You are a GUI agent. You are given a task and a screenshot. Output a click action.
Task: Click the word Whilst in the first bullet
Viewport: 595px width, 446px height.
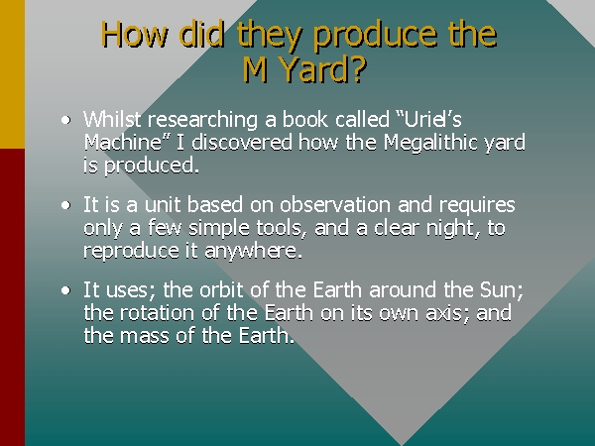click(112, 119)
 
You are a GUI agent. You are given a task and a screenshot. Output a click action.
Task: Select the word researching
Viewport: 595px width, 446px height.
click(203, 121)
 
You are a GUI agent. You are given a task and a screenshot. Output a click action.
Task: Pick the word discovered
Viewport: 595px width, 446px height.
click(242, 142)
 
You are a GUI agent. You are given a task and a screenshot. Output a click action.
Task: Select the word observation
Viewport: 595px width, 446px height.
click(335, 205)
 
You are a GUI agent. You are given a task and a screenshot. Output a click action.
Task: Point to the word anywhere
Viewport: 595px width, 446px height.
click(254, 252)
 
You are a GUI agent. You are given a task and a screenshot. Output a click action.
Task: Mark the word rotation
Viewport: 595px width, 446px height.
click(157, 313)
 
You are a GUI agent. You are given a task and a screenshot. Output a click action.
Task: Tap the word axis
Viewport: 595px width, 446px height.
click(448, 314)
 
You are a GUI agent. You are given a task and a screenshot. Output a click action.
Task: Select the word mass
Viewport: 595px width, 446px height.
click(144, 337)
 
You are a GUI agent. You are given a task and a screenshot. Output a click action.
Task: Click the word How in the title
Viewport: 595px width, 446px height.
click(134, 34)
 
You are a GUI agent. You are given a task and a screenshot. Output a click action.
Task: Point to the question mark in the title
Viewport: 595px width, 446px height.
click(358, 69)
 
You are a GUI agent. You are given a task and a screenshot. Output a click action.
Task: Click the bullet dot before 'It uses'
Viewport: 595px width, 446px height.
click(66, 290)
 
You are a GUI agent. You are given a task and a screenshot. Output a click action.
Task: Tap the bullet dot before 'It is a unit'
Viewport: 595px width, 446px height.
click(66, 205)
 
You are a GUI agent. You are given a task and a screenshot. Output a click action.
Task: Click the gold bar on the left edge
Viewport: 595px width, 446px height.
click(12, 74)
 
